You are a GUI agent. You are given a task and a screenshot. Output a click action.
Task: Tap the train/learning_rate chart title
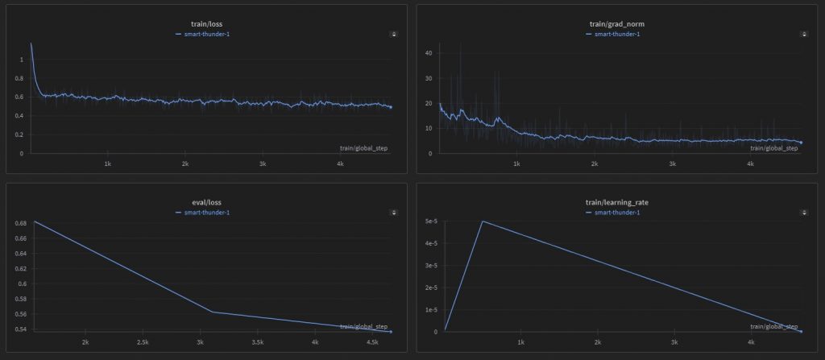click(x=617, y=202)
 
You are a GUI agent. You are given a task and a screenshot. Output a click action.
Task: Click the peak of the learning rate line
click(x=483, y=221)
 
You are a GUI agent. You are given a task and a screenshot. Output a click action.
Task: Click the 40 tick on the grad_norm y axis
click(x=429, y=53)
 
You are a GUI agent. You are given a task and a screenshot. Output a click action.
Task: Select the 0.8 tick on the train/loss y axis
click(x=22, y=78)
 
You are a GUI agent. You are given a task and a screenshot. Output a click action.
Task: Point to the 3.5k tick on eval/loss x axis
click(x=257, y=342)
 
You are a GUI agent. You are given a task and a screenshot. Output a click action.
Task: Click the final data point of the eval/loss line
click(x=391, y=332)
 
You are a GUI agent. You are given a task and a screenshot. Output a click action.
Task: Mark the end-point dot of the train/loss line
click(x=391, y=107)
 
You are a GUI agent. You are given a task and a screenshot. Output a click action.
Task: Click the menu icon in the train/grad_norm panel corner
click(x=804, y=34)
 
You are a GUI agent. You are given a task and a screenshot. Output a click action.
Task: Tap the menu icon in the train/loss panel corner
click(x=393, y=34)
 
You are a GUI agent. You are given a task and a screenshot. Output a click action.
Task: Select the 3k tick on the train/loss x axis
click(x=263, y=163)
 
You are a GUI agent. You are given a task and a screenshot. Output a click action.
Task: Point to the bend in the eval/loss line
click(x=212, y=312)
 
